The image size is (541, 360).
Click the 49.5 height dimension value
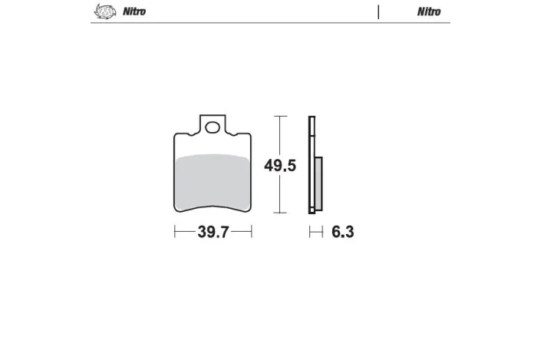(x=280, y=166)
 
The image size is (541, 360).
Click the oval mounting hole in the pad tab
(x=213, y=127)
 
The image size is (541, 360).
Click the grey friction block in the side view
(x=318, y=183)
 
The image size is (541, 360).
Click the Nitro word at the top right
(x=429, y=12)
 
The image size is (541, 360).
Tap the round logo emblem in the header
(x=102, y=12)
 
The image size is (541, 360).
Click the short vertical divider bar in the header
(x=378, y=12)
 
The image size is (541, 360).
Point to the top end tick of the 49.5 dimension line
(x=280, y=117)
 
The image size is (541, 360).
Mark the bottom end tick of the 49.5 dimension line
(x=280, y=213)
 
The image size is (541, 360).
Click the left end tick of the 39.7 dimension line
(x=176, y=232)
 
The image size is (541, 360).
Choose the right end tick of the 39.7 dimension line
(x=251, y=232)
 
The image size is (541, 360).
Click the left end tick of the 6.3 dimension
(x=310, y=232)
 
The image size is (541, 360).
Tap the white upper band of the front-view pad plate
(x=213, y=146)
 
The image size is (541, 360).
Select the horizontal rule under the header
(x=269, y=23)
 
